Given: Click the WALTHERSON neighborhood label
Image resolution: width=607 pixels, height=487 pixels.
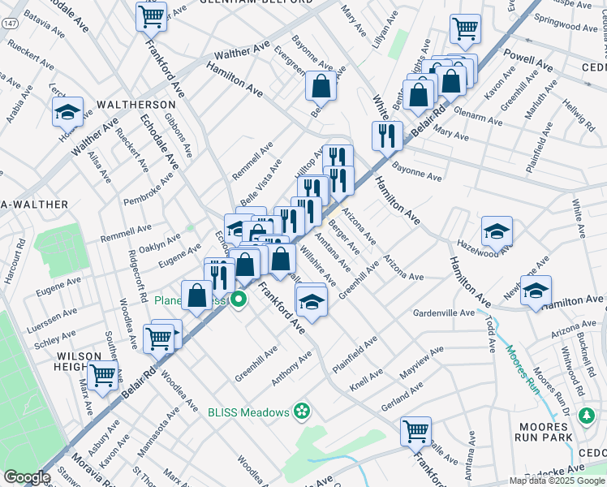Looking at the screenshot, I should pyautogui.click(x=136, y=106).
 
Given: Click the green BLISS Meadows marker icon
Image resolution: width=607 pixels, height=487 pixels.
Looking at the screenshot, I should pyautogui.click(x=303, y=412).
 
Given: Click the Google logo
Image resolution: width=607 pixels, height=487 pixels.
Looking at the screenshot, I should pyautogui.click(x=27, y=477).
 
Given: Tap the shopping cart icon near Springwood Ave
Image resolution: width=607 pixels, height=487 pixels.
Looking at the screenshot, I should pyautogui.click(x=465, y=28).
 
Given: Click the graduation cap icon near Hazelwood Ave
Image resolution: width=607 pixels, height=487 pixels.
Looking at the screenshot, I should pyautogui.click(x=497, y=232).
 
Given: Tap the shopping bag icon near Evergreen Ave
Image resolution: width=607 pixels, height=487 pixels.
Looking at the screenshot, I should pyautogui.click(x=321, y=85).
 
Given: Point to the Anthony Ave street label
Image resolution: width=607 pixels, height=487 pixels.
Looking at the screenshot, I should pyautogui.click(x=291, y=369).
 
